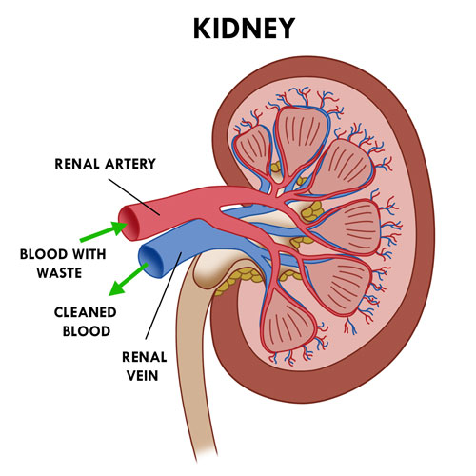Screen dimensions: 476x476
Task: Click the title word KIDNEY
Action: pos(244,29)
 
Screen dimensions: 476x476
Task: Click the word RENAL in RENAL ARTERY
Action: pos(77,164)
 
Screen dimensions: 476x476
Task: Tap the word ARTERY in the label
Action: pos(130,164)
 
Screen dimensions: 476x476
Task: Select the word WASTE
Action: pos(59,273)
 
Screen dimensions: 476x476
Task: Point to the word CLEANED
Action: pos(85,312)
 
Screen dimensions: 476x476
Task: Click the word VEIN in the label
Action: pos(143,376)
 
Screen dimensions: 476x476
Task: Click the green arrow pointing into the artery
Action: pos(104,230)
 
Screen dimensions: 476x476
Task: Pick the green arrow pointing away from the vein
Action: pos(129,279)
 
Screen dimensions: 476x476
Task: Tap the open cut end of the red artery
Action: pos(129,223)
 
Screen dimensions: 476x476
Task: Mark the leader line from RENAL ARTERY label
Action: pos(134,197)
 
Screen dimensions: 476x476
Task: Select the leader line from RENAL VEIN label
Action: pos(164,296)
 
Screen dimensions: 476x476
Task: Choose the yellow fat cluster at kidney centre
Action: pos(312,211)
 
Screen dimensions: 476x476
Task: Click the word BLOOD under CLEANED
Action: pos(87,331)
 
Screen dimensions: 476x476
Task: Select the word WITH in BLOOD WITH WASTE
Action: pos(89,254)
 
